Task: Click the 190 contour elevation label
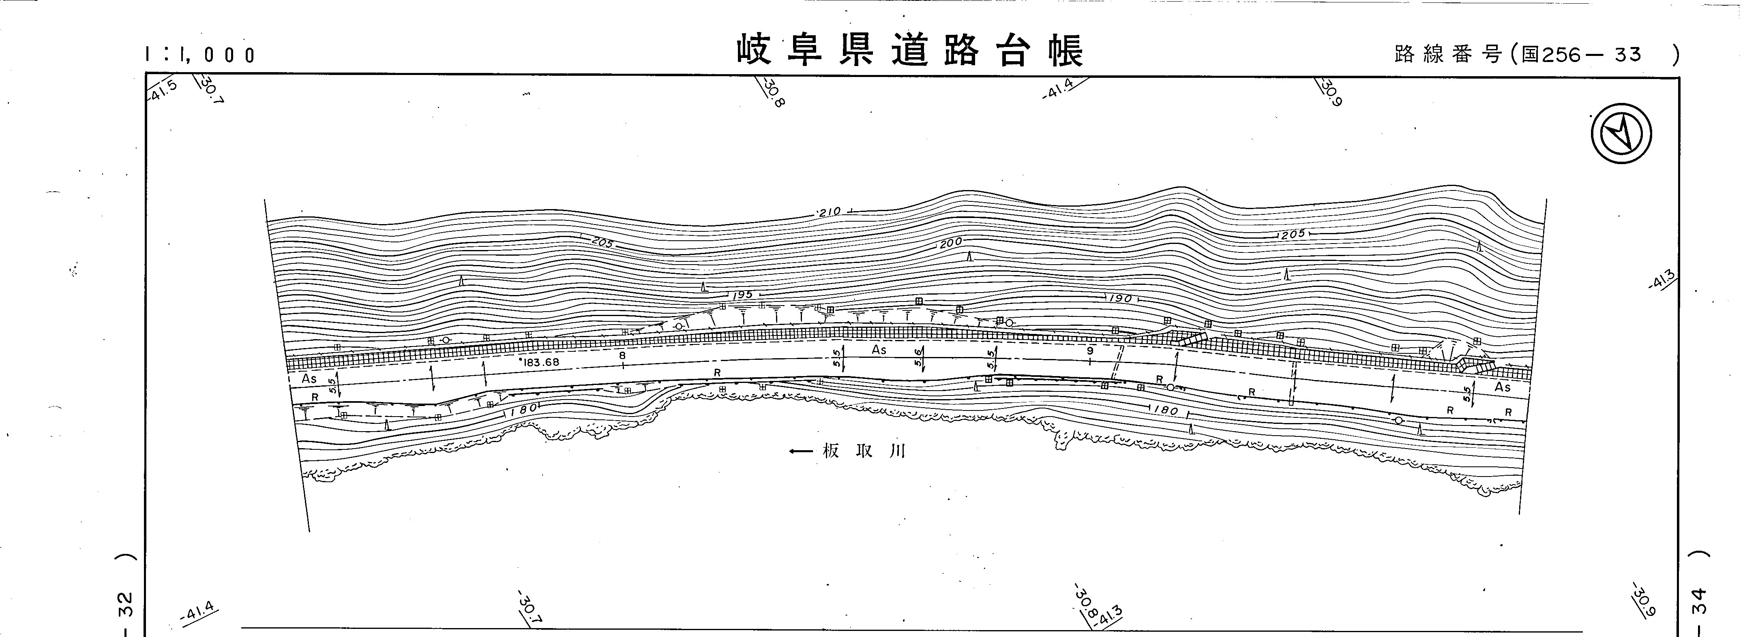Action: click(1120, 298)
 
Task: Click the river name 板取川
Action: click(863, 451)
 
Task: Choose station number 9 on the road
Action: click(1089, 350)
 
